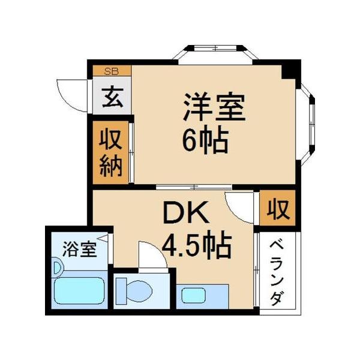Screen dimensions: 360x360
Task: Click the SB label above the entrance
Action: pos(111,71)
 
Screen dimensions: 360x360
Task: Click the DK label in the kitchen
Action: pos(187,213)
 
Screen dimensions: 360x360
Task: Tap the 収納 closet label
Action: pos(110,153)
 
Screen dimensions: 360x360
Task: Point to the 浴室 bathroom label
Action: pos(80,248)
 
